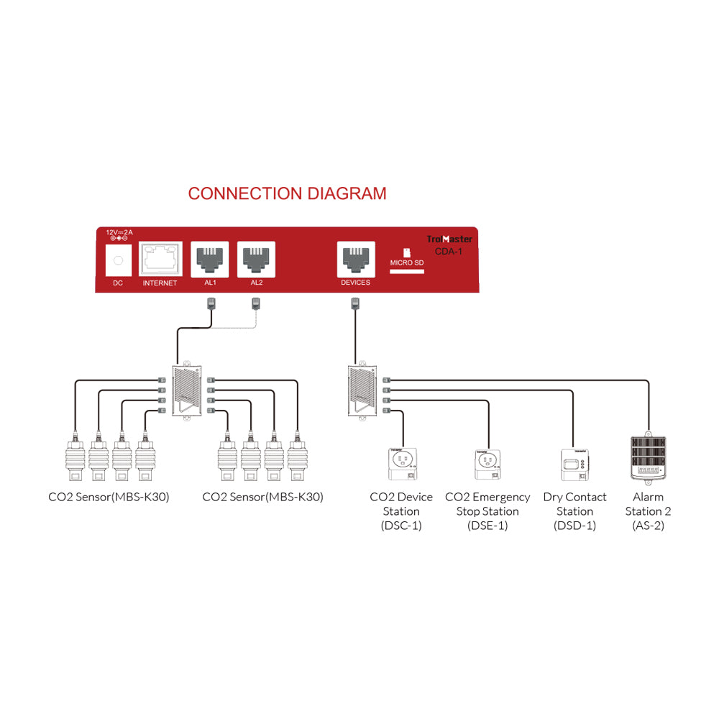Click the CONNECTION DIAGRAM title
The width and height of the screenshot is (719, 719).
(x=287, y=193)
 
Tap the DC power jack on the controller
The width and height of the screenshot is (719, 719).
(x=119, y=260)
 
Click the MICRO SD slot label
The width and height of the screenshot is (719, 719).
(x=407, y=263)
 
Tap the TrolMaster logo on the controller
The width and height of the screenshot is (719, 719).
(x=449, y=239)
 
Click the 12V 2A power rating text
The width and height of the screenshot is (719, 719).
(x=119, y=233)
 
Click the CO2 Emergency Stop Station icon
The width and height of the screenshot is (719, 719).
(x=487, y=464)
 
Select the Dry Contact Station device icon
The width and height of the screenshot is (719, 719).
(x=574, y=464)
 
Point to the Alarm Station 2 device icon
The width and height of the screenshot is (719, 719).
(x=649, y=457)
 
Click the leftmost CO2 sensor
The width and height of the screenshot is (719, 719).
(x=74, y=460)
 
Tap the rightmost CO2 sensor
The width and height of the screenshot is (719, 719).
(x=297, y=460)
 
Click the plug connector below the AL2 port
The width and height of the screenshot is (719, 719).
(x=256, y=304)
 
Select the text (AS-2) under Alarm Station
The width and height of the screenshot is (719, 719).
(x=648, y=526)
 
